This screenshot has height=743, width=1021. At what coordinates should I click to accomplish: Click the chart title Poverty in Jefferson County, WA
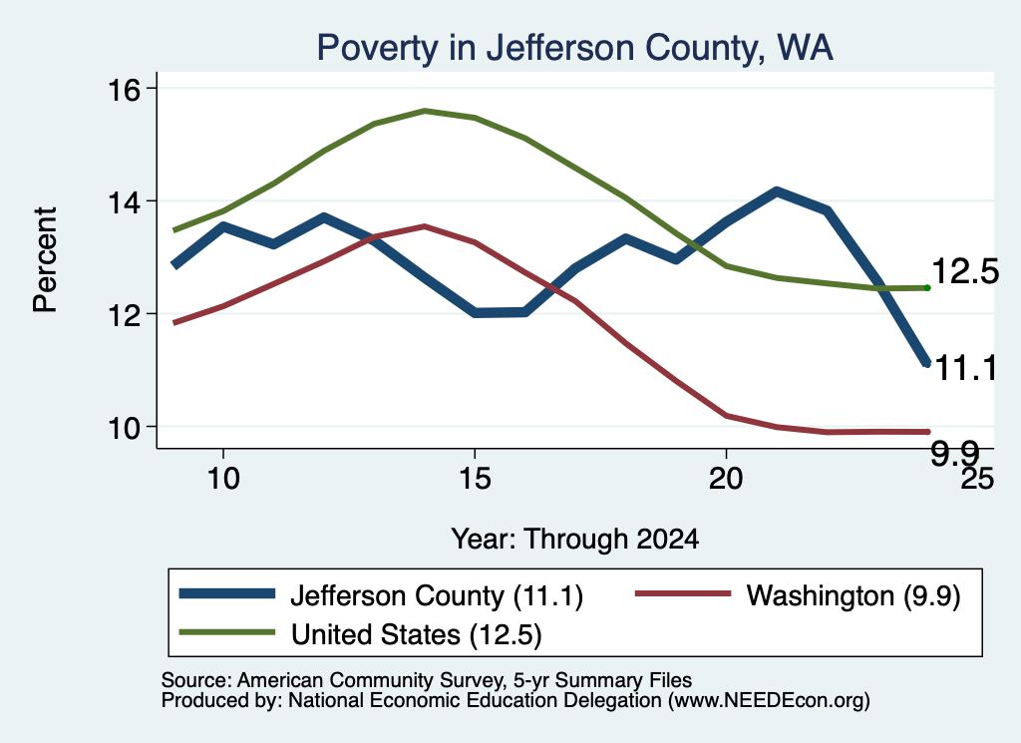tap(575, 48)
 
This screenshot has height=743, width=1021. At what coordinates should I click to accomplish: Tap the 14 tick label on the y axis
tap(124, 202)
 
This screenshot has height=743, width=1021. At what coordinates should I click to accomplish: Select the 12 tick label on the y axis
tap(124, 315)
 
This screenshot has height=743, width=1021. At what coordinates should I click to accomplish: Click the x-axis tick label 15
tap(475, 479)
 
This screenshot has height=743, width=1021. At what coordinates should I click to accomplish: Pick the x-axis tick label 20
tap(726, 479)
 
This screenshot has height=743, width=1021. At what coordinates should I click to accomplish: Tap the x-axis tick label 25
tap(977, 479)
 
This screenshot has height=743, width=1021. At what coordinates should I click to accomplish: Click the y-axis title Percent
tap(46, 260)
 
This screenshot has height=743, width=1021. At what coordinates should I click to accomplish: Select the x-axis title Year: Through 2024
tap(575, 540)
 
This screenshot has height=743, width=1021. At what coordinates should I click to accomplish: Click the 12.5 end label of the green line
tap(965, 271)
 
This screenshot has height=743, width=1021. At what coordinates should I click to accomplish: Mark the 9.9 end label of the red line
tap(954, 453)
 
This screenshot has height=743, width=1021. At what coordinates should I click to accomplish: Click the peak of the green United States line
tap(425, 111)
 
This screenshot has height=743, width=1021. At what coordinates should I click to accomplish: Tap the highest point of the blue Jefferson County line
tap(776, 191)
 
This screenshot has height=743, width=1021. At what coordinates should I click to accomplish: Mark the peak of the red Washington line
tap(425, 226)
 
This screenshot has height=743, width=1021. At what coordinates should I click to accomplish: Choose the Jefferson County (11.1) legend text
tap(437, 595)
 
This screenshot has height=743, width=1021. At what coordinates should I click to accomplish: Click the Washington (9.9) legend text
tap(853, 595)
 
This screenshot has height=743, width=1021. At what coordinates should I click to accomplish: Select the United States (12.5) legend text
tap(416, 634)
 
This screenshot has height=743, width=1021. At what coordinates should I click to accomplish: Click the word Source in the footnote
tap(196, 680)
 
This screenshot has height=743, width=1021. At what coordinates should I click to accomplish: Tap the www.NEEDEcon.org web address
tap(768, 701)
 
